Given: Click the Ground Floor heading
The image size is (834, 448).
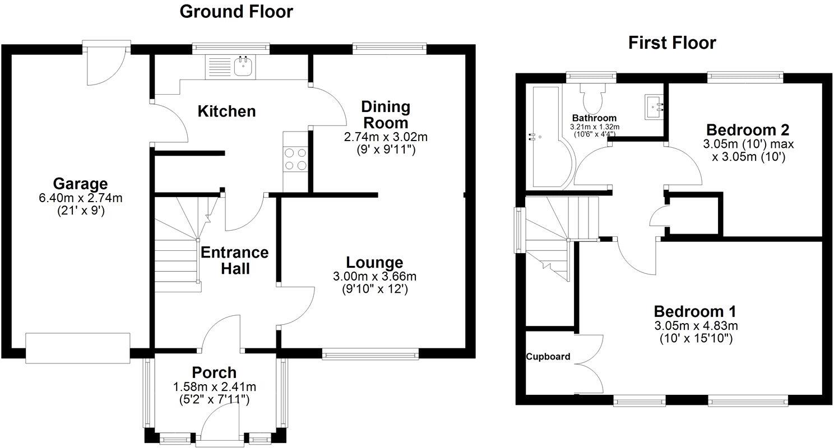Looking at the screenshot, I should coord(236,12).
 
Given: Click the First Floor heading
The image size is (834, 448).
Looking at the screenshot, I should coord(672,43).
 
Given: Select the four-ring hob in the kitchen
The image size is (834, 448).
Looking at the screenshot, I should coord(296,158).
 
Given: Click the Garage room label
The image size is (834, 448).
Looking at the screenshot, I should coord(80,183).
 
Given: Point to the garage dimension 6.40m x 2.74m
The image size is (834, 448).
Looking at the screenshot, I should coord(80,198).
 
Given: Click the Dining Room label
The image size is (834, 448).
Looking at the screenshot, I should coord(385,114).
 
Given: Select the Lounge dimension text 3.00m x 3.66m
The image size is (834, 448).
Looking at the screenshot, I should coord(374,276).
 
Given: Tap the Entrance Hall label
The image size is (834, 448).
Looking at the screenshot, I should coord(234,260).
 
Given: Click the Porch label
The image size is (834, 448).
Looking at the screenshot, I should coord(214,372).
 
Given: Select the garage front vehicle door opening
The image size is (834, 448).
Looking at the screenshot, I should coord(78,348).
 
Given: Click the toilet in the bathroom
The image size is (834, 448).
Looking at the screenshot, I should coord(592,99).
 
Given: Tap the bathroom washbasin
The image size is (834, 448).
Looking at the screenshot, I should coord(654,106).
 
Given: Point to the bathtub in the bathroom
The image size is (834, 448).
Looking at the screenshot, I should coord(544,137).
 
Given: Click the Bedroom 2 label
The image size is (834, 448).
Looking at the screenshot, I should coord(748,130).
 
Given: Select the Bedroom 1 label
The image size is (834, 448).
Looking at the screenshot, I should coord(695,311).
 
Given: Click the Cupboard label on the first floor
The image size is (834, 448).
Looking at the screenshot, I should coord(548,357).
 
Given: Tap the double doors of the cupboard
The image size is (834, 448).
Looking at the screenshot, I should coord(589,364).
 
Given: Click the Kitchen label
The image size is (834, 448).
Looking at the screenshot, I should coord(227,111).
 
